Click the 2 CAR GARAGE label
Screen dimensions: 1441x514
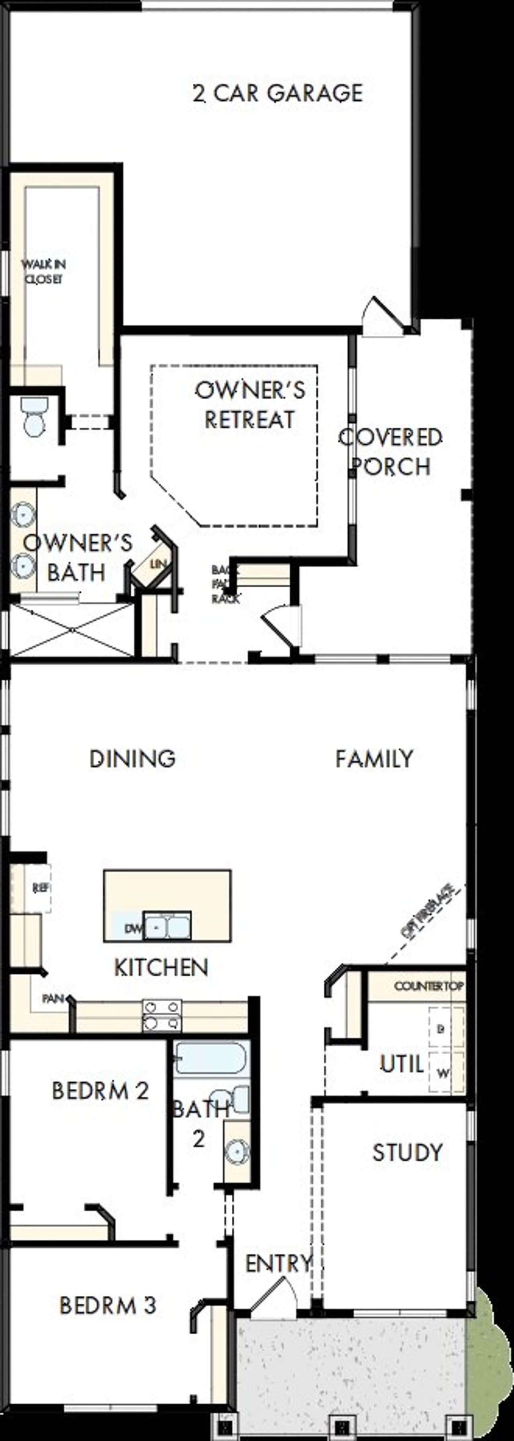click(x=278, y=93)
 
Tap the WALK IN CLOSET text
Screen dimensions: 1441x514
click(x=43, y=271)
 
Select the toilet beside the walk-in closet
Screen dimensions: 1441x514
click(x=35, y=416)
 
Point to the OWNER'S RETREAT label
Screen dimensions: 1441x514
click(x=250, y=404)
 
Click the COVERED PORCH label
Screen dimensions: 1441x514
click(x=391, y=451)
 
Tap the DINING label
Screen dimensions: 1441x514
click(x=133, y=759)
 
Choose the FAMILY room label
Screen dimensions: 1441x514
click(x=374, y=759)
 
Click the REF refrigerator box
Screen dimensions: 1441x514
click(x=40, y=888)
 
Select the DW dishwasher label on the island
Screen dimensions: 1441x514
click(x=133, y=929)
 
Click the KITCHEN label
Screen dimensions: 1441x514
click(x=161, y=967)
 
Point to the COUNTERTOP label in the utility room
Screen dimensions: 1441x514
click(x=429, y=986)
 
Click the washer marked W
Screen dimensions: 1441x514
click(x=443, y=1073)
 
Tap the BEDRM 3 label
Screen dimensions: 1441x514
click(x=108, y=1306)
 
